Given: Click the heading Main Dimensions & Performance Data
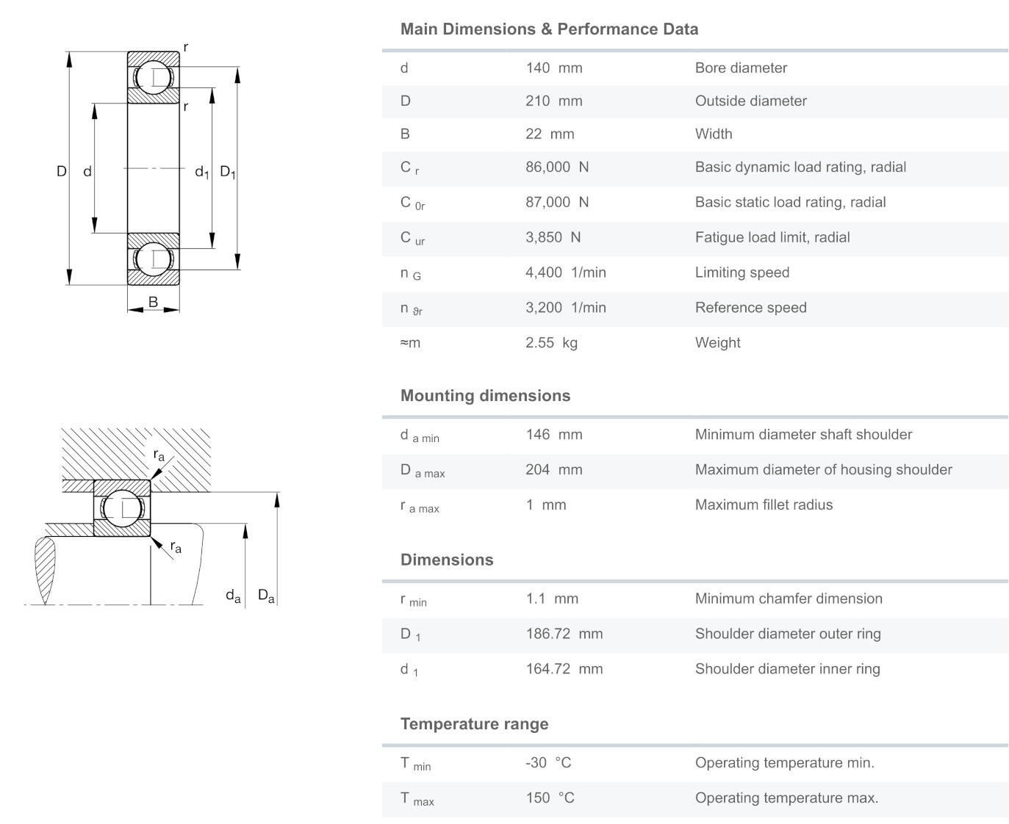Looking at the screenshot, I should point(549,29).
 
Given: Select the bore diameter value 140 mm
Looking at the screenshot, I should point(553,68).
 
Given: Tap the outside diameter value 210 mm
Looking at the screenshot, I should point(553,101).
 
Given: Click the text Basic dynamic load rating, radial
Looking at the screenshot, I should point(800,167).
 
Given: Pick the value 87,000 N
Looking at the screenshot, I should point(556,203).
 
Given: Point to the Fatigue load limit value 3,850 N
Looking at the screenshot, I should point(553,238).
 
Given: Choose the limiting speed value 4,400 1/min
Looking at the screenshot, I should point(565,273).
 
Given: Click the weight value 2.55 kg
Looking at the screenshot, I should point(551,343).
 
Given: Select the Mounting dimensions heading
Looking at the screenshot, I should point(485,396).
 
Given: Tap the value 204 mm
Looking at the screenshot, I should point(553,470).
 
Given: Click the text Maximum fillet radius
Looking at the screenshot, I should point(764,505).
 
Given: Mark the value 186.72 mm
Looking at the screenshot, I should point(564,634).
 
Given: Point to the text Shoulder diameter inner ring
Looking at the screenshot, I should point(787,669).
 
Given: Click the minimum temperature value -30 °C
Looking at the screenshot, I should point(547,763).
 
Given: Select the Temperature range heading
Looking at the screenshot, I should point(474,724).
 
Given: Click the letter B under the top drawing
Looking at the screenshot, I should point(153,302).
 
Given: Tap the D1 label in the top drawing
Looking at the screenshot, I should point(228,173).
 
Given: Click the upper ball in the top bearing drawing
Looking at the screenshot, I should point(154,78).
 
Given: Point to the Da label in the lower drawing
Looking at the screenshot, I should point(266,596).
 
